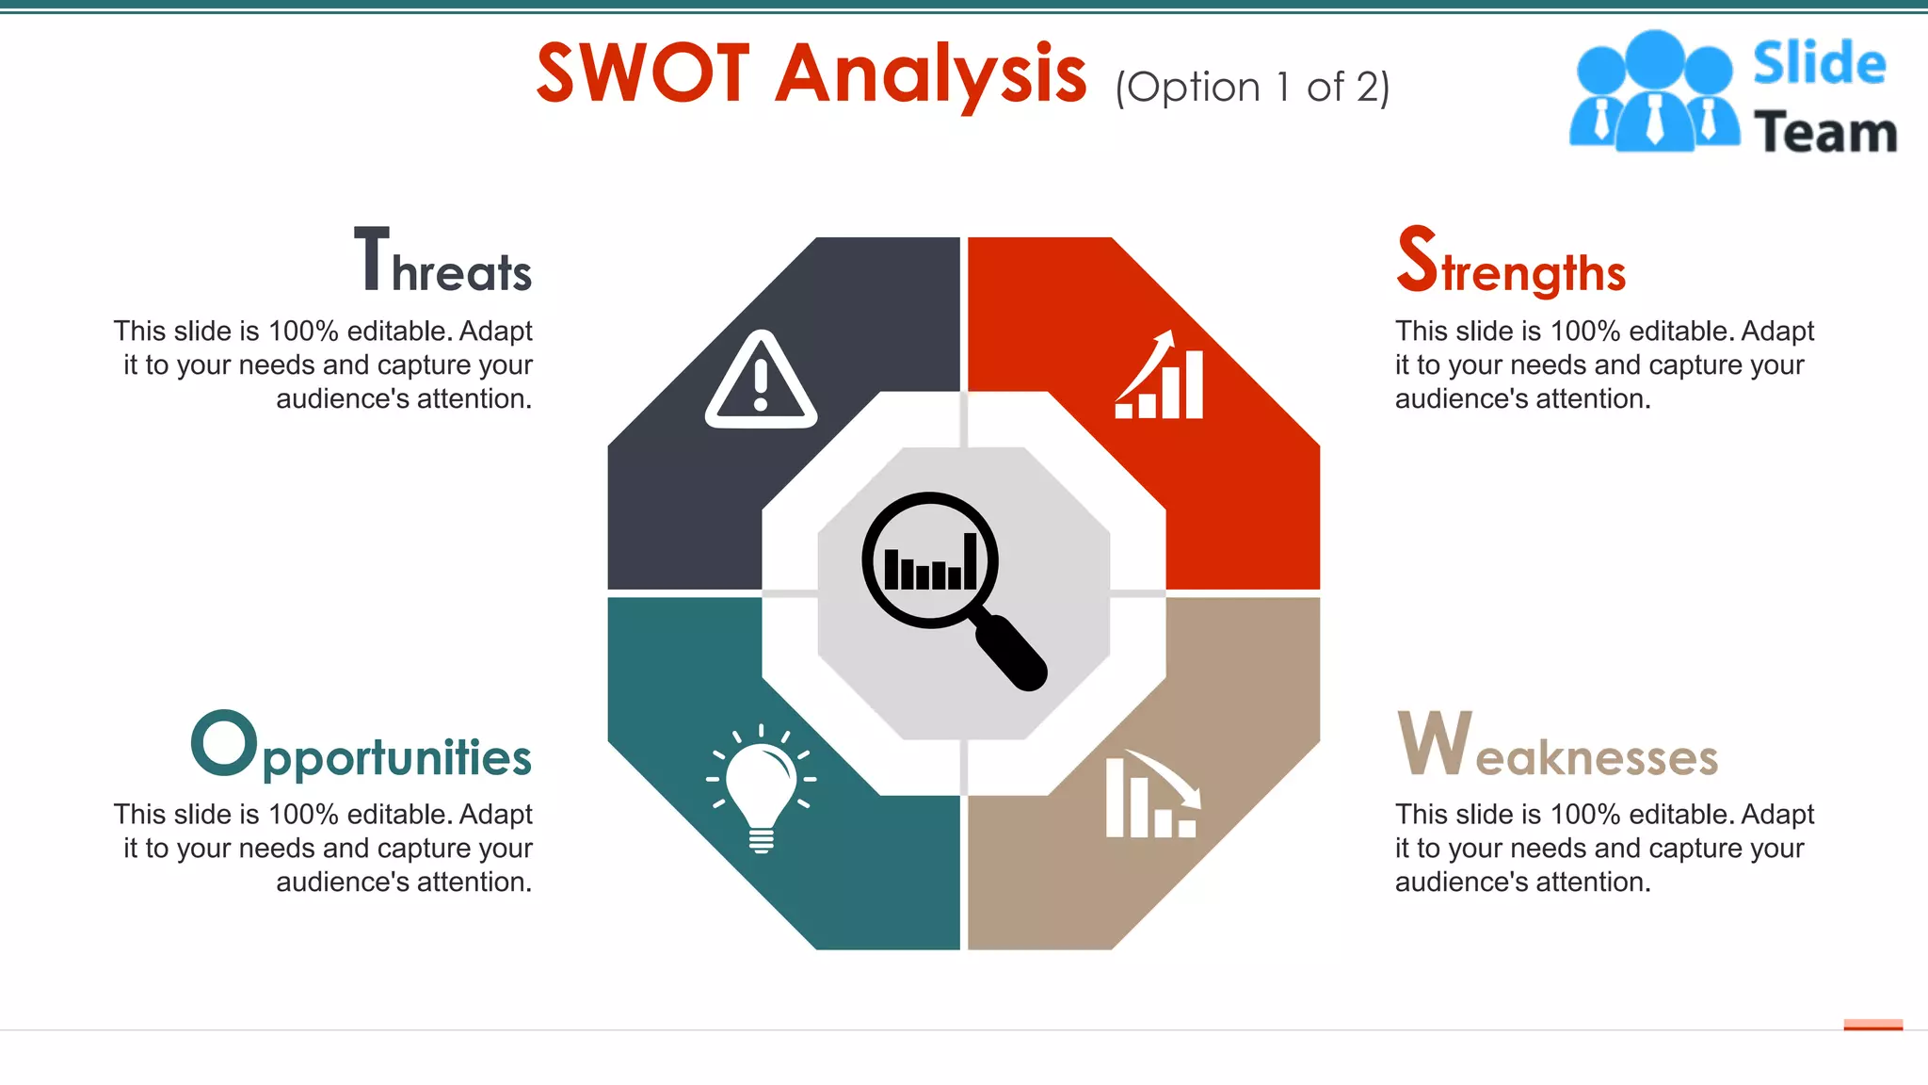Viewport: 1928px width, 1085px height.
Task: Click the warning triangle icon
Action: [761, 381]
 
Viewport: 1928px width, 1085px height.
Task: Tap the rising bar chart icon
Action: [1160, 376]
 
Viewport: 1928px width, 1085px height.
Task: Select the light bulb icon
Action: [762, 789]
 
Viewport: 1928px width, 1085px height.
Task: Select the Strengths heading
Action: [1511, 262]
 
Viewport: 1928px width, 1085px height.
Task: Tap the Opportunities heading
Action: [361, 747]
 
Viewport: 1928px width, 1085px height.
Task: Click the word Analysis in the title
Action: [931, 75]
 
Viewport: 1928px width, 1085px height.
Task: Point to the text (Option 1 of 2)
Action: [1252, 88]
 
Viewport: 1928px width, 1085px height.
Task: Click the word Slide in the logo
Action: [1819, 63]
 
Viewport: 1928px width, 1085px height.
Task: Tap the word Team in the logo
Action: [1825, 132]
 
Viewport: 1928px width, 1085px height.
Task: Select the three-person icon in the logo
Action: [1654, 91]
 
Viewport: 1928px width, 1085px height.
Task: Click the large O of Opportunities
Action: [224, 743]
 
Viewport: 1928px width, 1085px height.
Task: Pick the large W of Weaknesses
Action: [1434, 743]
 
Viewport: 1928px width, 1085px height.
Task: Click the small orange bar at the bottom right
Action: [1872, 1025]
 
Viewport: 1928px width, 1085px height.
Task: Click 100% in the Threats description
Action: [303, 332]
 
